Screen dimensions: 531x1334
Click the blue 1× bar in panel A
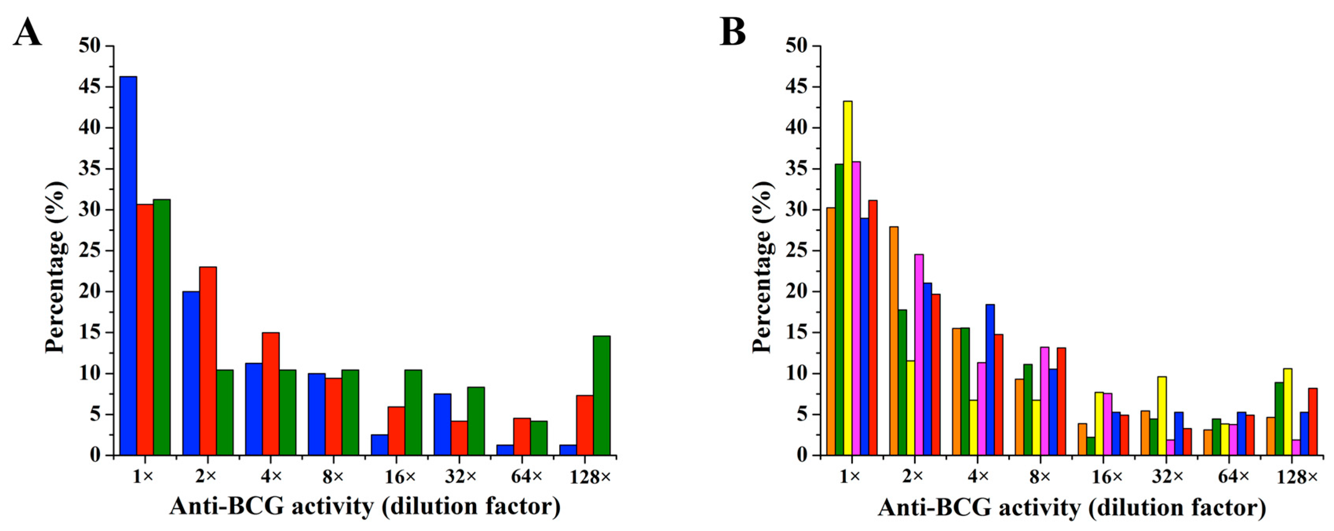(128, 266)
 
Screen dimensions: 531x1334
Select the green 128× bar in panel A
(602, 396)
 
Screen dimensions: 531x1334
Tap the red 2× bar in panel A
(208, 361)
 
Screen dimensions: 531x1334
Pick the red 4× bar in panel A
(271, 394)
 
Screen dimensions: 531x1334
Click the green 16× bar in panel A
(413, 412)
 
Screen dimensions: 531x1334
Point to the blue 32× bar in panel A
(442, 424)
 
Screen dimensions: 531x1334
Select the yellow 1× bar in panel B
(848, 278)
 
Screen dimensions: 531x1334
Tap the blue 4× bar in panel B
(990, 380)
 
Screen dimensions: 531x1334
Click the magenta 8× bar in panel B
(1044, 401)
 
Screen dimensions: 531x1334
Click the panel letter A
(27, 32)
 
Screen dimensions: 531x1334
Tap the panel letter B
(733, 32)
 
